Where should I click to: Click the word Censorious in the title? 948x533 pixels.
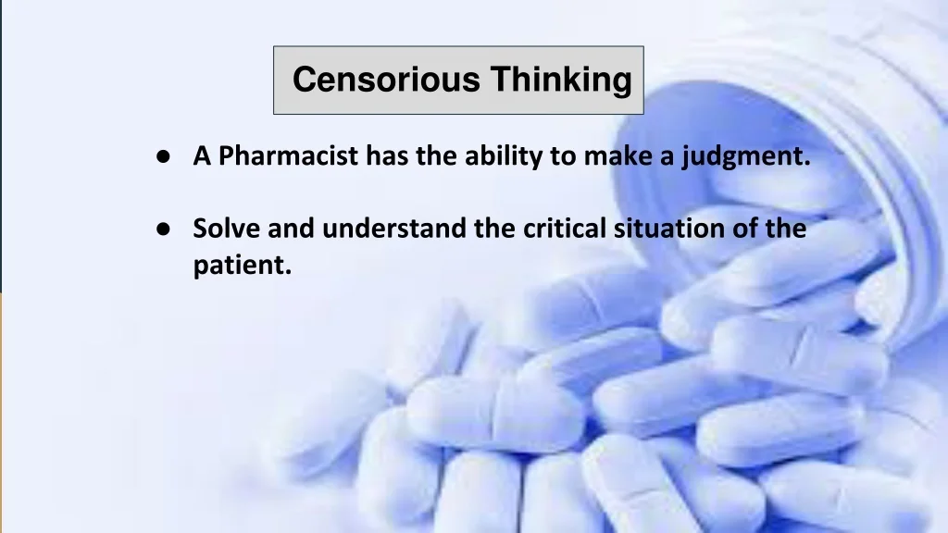[386, 80]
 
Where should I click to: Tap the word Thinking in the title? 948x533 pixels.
[560, 80]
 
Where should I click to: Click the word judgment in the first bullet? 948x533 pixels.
[746, 156]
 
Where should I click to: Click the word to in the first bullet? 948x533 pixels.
[562, 156]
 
